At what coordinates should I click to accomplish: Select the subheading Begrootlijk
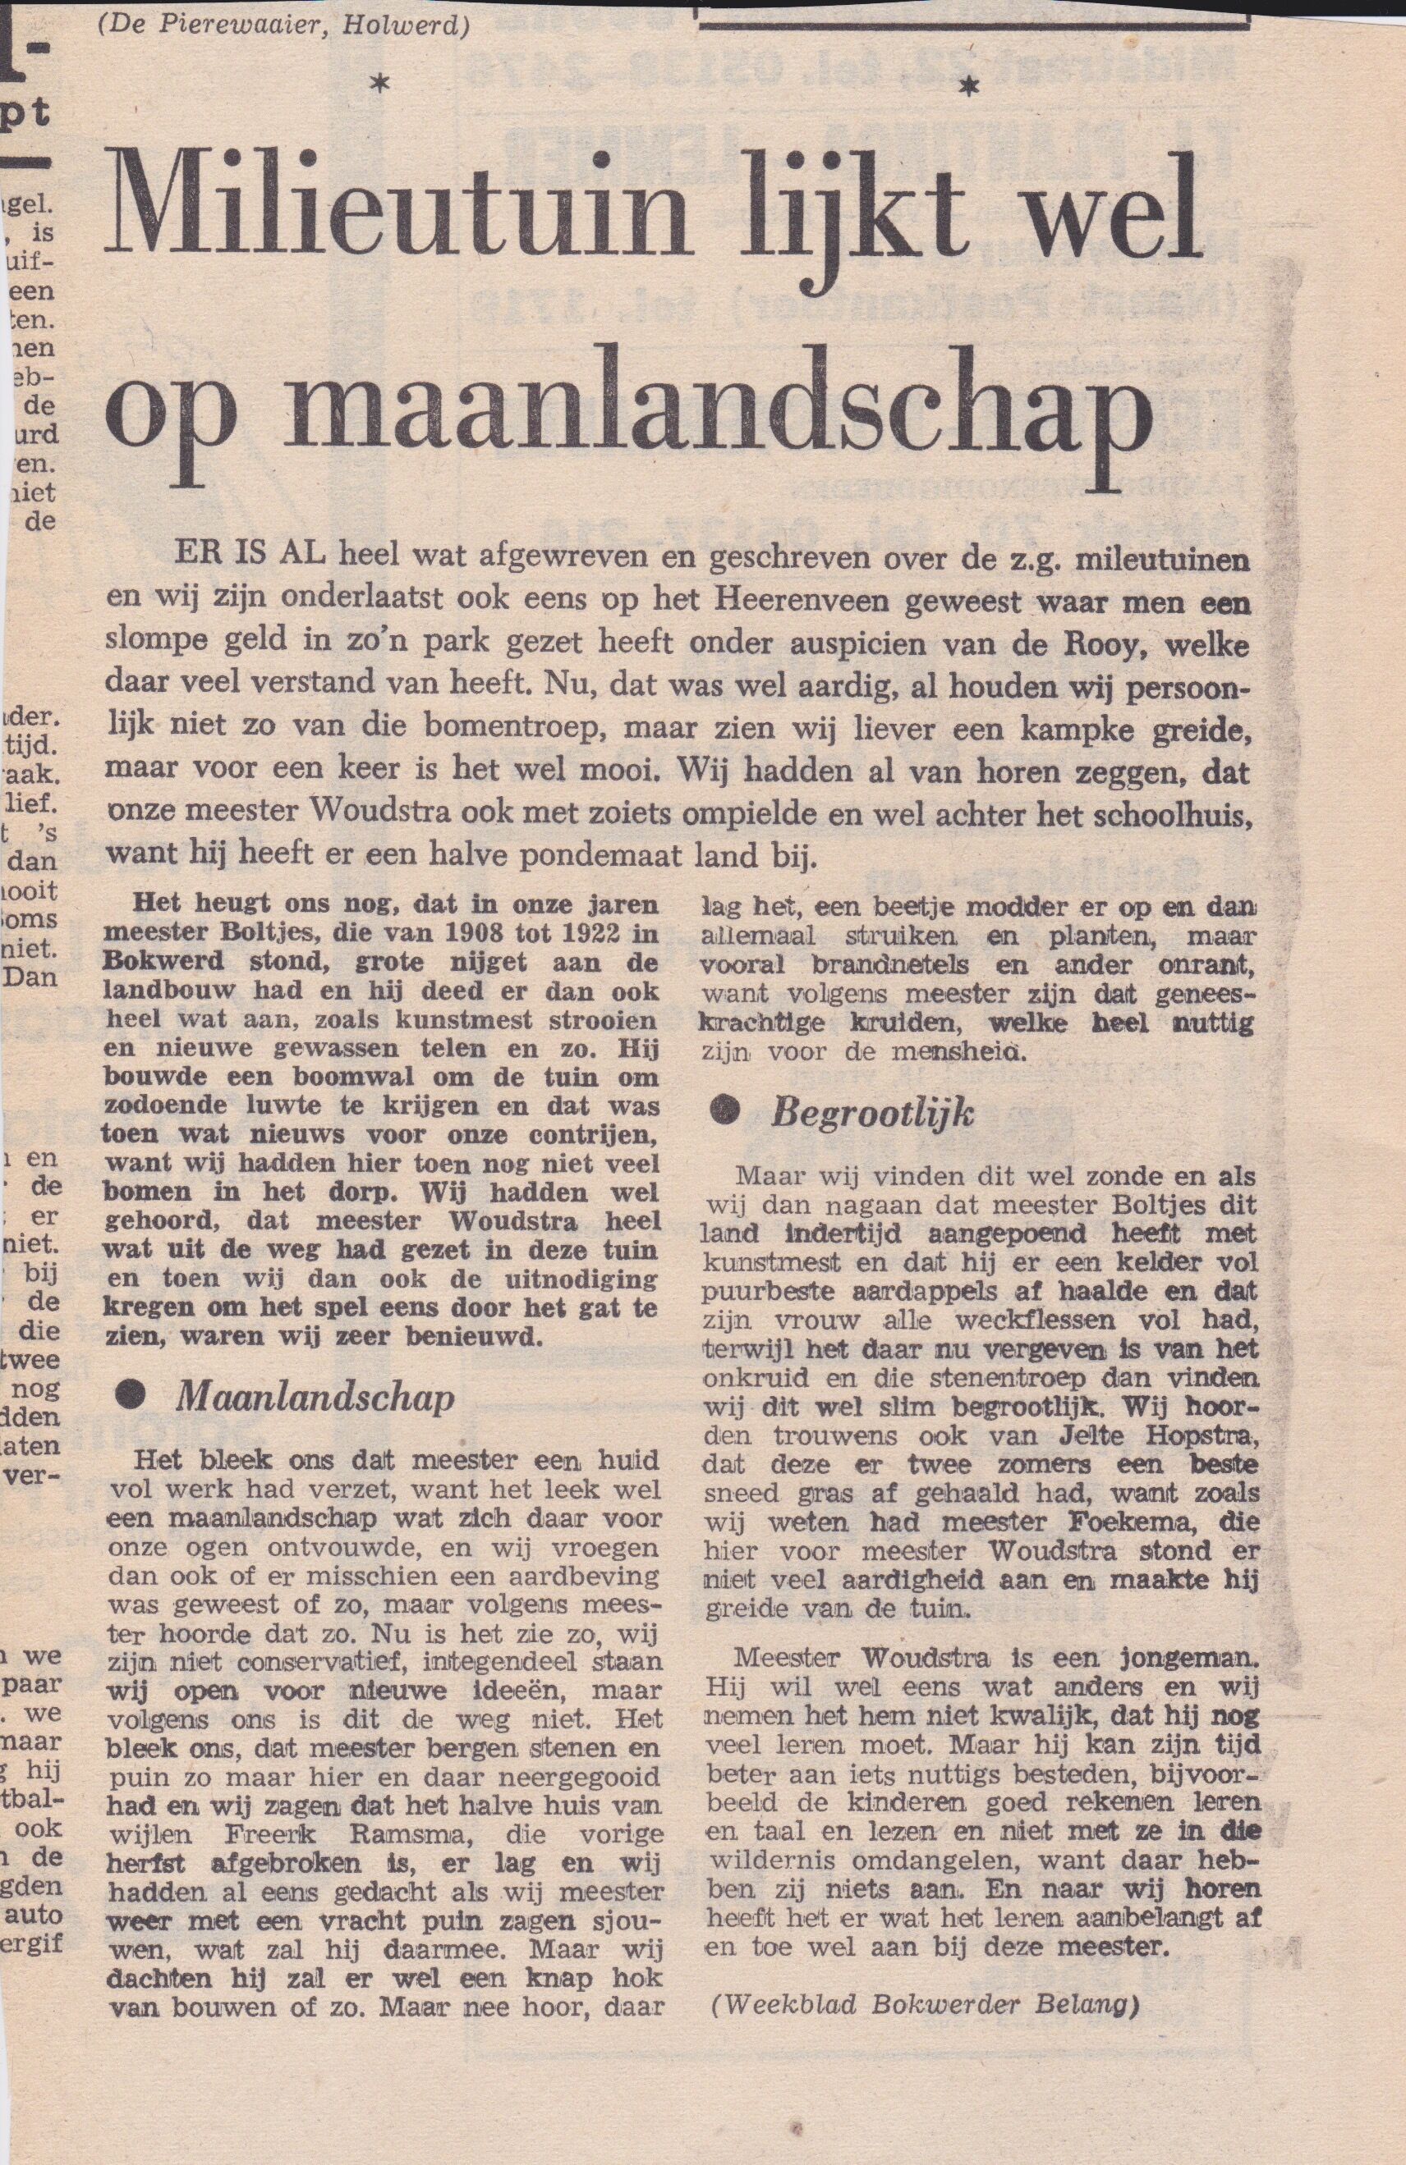pos(873,1115)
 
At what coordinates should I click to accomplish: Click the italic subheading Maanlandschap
pos(315,1396)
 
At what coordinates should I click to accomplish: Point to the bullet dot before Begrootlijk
pos(724,1114)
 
